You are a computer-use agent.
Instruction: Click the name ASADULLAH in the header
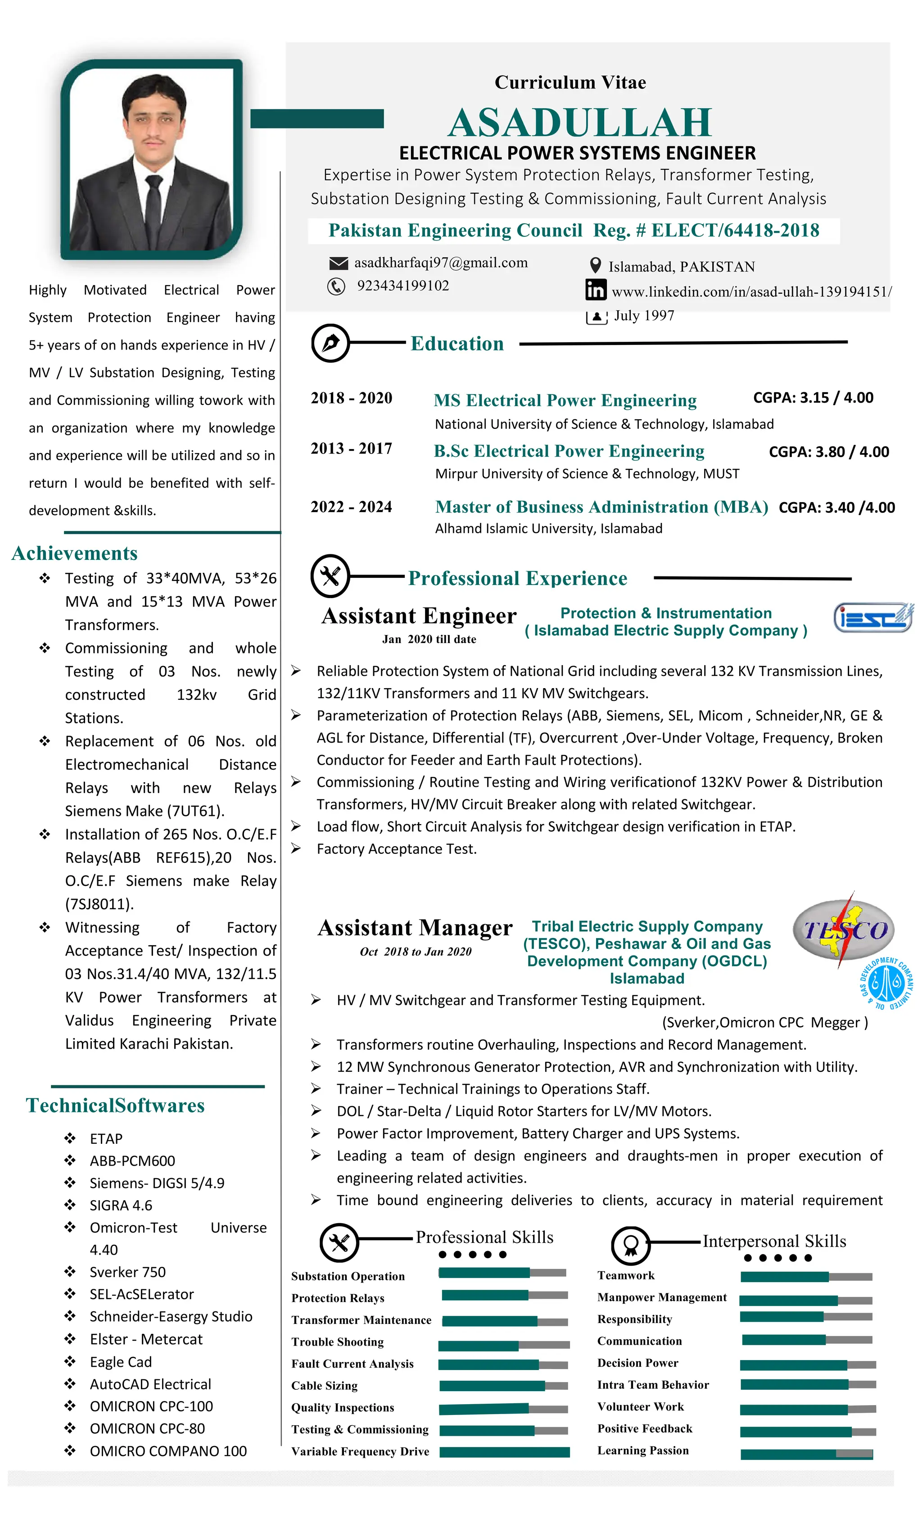tap(579, 122)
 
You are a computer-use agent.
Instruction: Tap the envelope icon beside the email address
tap(339, 264)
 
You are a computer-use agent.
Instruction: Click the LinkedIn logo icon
tap(595, 290)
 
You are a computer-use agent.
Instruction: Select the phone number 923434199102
tap(402, 286)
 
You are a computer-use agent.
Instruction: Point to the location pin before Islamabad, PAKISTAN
tap(595, 266)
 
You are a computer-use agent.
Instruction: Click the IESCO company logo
tap(872, 618)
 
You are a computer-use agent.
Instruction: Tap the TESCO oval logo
tap(844, 929)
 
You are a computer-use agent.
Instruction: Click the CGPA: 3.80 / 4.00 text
tap(828, 452)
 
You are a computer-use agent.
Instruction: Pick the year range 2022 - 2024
tap(351, 507)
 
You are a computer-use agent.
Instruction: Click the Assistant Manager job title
tap(415, 928)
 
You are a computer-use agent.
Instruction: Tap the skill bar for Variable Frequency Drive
tap(504, 1452)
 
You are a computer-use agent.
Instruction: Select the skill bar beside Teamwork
tap(805, 1276)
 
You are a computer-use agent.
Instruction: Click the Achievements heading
tap(75, 553)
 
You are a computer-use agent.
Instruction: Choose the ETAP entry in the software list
tap(106, 1138)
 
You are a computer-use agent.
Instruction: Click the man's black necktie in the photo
tap(152, 209)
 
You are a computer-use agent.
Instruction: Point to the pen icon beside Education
tap(330, 343)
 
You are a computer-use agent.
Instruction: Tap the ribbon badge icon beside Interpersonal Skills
tap(630, 1245)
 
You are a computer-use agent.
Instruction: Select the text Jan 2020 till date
tap(429, 639)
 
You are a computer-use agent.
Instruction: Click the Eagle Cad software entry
tap(121, 1362)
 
